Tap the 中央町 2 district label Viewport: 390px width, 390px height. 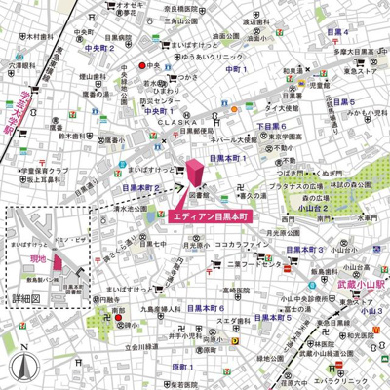(100, 47)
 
